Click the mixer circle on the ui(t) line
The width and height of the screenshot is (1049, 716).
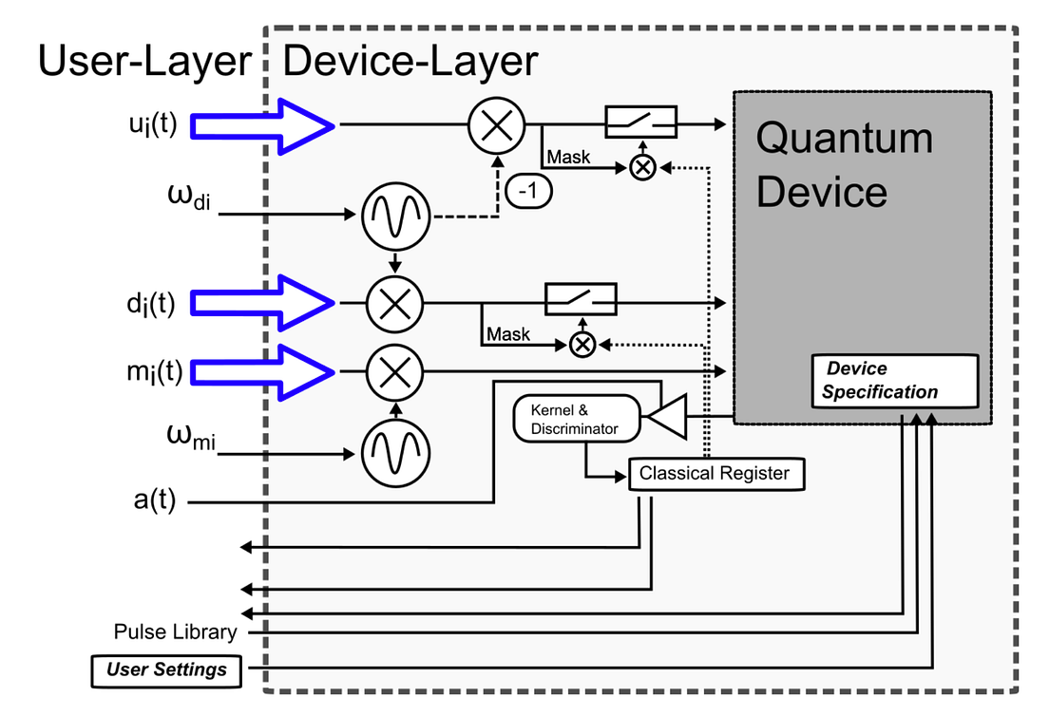tap(496, 124)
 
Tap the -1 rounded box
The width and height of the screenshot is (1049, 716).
tap(529, 191)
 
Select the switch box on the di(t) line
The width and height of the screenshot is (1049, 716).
tap(581, 299)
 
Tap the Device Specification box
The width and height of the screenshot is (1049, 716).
tap(893, 381)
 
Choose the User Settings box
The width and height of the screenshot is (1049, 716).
tap(166, 669)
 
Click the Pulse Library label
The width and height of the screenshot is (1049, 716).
tap(175, 632)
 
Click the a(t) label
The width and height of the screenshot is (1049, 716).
tap(155, 500)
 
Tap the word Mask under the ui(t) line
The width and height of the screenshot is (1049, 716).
tap(568, 157)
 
